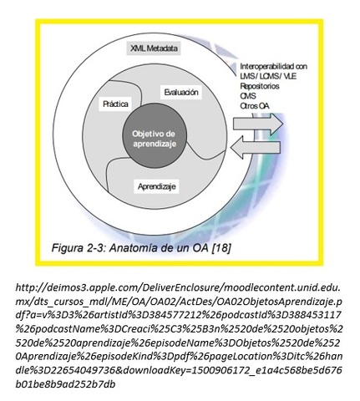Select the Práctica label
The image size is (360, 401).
pyautogui.click(x=116, y=105)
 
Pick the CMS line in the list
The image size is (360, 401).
pyautogui.click(x=248, y=94)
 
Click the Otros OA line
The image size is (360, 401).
pyautogui.click(x=255, y=104)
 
